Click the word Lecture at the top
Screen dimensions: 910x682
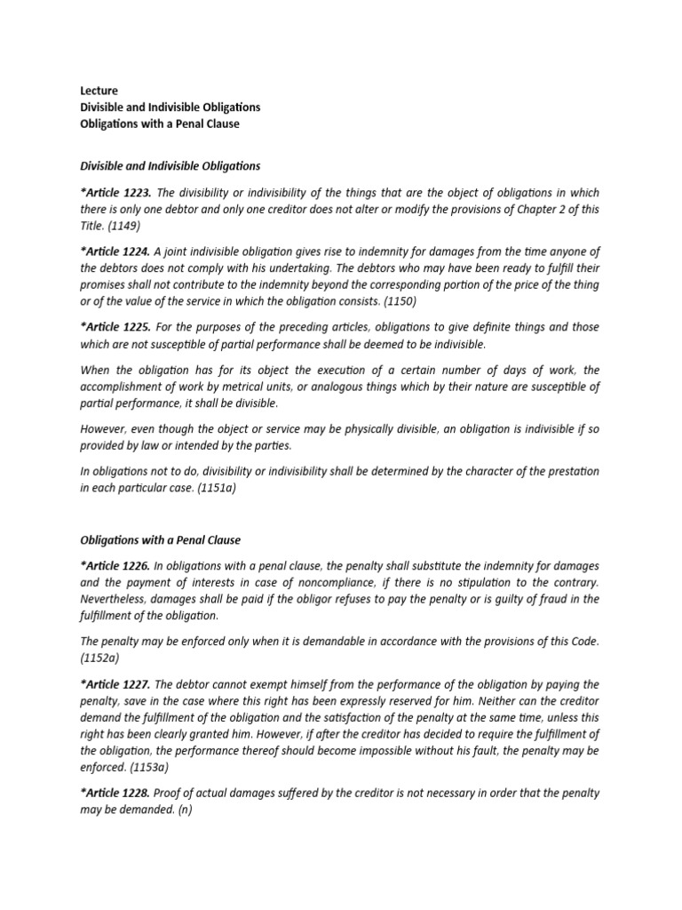[x=99, y=91]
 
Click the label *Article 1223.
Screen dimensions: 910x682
[x=115, y=193]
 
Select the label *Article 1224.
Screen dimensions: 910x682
[x=115, y=251]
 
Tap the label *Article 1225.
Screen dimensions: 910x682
[x=115, y=326]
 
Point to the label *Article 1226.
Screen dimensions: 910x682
[x=115, y=566]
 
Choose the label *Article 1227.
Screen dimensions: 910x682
[x=115, y=684]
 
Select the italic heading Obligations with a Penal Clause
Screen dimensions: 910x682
[x=161, y=539]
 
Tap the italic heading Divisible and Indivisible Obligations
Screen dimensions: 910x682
[x=170, y=166]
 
